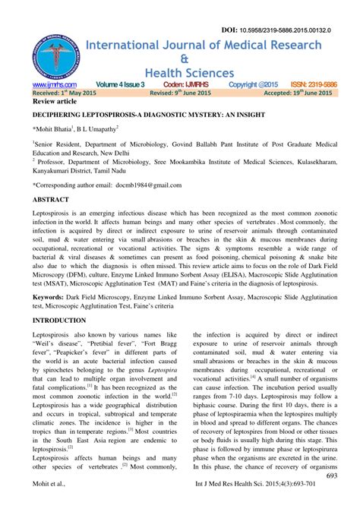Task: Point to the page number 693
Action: [331, 476]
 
